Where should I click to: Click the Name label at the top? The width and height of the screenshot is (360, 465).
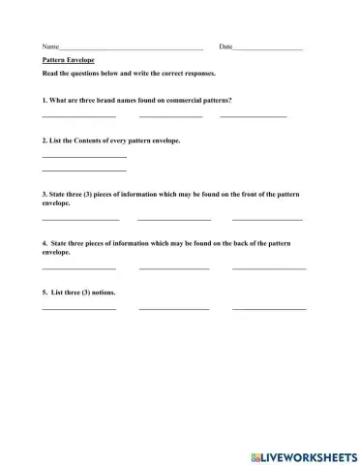[x=50, y=46]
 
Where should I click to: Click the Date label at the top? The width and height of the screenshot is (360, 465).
[x=225, y=46]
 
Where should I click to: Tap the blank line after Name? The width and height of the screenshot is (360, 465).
[x=131, y=48]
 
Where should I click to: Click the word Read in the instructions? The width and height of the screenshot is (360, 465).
[x=51, y=73]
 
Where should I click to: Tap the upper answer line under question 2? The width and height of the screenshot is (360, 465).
[x=84, y=156]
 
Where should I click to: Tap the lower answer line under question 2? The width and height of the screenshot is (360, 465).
[x=84, y=170]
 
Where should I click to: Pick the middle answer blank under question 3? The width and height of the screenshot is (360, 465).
[x=174, y=220]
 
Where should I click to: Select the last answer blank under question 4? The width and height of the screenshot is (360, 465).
[x=268, y=267]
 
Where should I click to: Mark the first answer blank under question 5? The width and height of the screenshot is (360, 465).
[x=78, y=308]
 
